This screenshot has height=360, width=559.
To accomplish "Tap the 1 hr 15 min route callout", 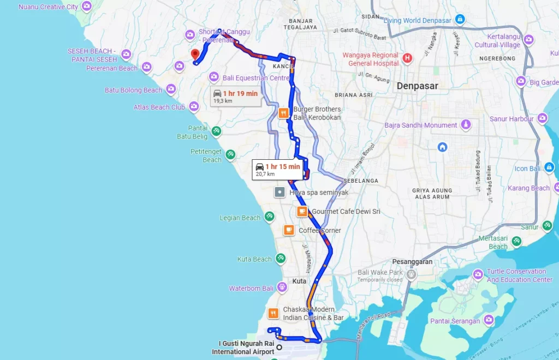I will tap(277, 170).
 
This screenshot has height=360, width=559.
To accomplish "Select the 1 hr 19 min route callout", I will tap(235, 97).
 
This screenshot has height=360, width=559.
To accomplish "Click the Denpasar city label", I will tap(417, 86).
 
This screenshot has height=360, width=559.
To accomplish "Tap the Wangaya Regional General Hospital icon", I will tap(407, 58).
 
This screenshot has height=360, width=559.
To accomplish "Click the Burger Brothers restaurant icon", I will tap(283, 113).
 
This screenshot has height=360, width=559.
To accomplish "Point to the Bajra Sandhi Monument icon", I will tap(466, 125).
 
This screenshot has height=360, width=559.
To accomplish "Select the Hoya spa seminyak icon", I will tap(279, 193).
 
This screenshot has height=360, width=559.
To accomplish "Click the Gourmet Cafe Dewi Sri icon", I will tap(301, 212).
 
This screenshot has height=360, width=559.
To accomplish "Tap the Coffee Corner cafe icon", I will tap(288, 230).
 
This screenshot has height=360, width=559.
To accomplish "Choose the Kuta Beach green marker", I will tap(280, 259).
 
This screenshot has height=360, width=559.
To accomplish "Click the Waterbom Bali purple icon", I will tap(282, 286).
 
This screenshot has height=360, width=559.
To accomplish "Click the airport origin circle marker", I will tap(279, 347).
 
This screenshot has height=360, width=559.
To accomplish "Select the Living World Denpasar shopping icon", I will tap(460, 20).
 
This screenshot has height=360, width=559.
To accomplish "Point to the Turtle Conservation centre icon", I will tap(478, 274).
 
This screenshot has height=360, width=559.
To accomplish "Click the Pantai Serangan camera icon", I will tap(489, 320).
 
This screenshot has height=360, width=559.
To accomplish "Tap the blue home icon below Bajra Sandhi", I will tap(442, 147).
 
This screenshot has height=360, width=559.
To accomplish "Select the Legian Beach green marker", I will tap(269, 217).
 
